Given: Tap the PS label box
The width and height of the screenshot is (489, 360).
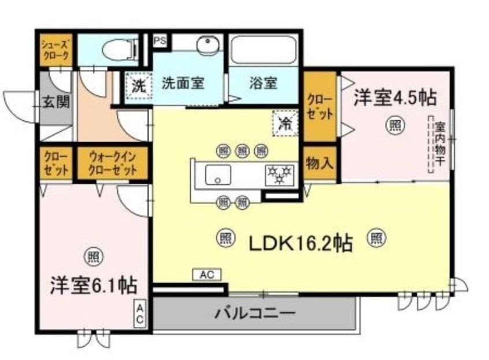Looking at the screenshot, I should [159, 41].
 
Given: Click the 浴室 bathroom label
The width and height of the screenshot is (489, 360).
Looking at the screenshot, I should [262, 83].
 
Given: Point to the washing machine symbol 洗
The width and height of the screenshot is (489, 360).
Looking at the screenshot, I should [138, 87].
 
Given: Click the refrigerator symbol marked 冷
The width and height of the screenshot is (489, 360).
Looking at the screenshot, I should [284, 123].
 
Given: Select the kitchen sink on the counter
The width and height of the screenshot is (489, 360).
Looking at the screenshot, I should [217, 174].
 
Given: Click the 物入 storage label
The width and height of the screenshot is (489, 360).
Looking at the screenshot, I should [319, 163].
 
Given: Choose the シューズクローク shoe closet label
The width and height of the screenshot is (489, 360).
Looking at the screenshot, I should [56, 50].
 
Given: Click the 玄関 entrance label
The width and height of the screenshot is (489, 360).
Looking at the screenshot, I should [55, 102].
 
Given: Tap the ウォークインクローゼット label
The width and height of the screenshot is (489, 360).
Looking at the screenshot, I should [113, 164].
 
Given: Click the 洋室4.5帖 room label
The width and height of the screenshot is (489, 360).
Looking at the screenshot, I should [395, 98].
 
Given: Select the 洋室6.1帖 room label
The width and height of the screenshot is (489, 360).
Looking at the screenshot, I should [93, 285].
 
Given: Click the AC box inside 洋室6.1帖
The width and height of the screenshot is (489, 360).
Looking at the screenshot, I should [140, 314].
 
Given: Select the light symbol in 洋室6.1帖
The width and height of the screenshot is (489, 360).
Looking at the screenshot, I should [92, 255].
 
